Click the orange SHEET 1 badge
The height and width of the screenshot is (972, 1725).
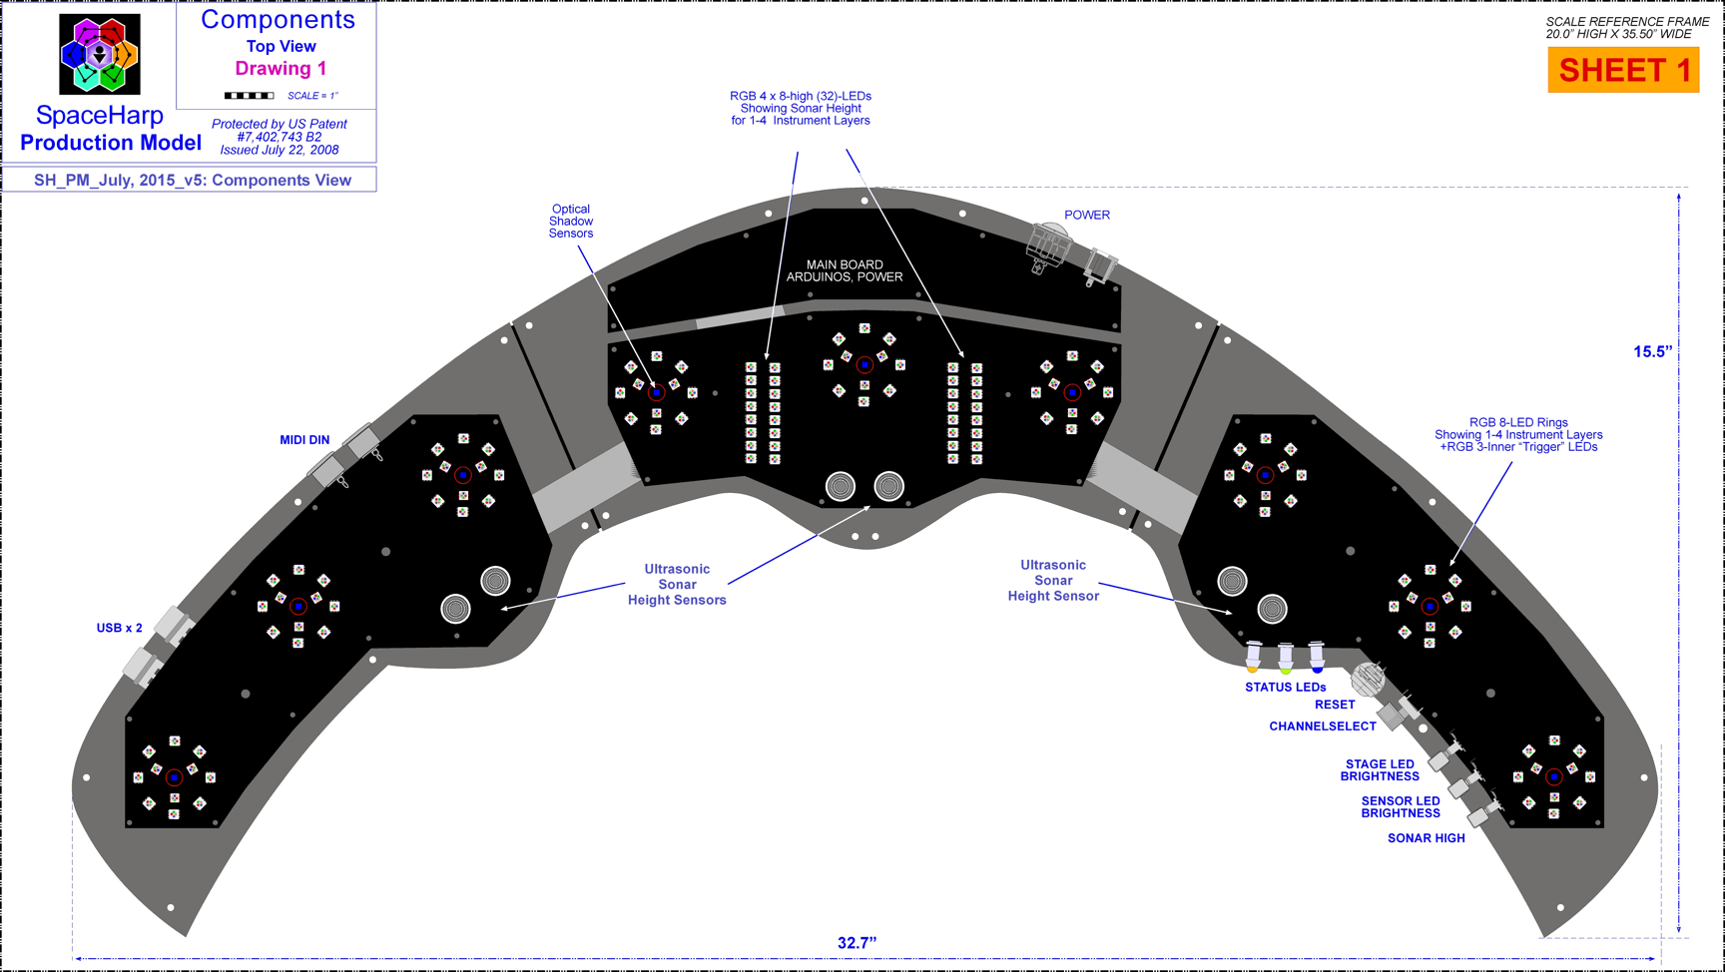tap(1623, 71)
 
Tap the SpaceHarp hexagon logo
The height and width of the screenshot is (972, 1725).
tap(100, 55)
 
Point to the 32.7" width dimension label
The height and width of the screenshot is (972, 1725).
tap(857, 943)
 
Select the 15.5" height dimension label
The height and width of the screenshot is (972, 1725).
tap(1652, 351)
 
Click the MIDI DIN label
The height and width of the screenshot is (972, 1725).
tap(304, 440)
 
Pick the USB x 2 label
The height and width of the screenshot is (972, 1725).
tap(119, 628)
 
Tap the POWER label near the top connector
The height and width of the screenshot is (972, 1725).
tap(1087, 215)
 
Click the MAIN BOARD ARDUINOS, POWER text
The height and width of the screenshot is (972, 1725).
tap(845, 270)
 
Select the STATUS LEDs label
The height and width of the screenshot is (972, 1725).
tap(1285, 688)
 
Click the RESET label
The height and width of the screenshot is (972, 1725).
tap(1335, 705)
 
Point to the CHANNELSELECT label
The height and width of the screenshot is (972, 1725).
tap(1323, 727)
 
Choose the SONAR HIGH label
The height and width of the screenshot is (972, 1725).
tap(1426, 838)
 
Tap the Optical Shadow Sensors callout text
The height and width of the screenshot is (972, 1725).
tap(571, 222)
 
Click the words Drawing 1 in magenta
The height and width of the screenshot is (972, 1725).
tap(281, 69)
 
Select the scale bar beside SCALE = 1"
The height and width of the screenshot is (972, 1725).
tap(249, 96)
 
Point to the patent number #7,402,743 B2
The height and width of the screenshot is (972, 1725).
tap(280, 137)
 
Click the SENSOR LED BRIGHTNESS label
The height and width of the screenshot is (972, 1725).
tap(1400, 807)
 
